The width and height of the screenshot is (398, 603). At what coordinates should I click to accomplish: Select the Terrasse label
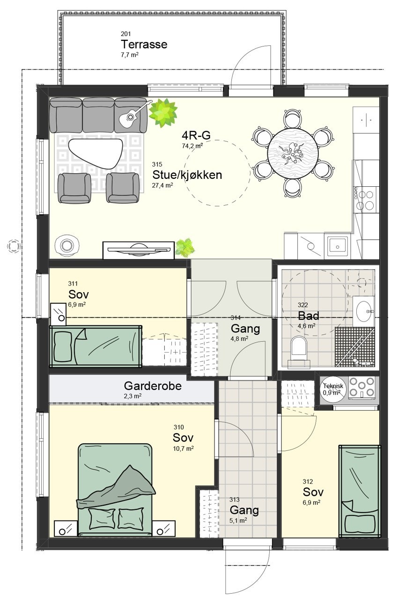tap(144, 45)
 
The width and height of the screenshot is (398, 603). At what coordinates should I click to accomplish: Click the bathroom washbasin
tap(364, 309)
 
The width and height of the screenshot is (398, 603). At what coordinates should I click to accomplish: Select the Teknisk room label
tap(333, 386)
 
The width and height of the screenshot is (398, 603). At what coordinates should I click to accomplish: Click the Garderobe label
tap(153, 386)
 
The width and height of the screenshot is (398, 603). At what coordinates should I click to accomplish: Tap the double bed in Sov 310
tap(115, 489)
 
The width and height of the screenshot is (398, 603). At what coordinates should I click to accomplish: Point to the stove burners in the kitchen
tap(366, 199)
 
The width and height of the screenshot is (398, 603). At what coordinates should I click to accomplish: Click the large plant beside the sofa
tap(163, 112)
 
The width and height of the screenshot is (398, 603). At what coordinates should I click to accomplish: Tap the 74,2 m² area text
tap(192, 146)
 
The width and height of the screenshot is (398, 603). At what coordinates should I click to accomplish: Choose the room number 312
tap(308, 482)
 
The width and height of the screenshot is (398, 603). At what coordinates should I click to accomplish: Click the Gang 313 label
tap(243, 510)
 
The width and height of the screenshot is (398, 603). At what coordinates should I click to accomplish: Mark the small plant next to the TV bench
tap(184, 247)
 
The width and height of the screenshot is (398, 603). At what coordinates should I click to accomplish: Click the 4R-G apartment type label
tap(196, 136)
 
